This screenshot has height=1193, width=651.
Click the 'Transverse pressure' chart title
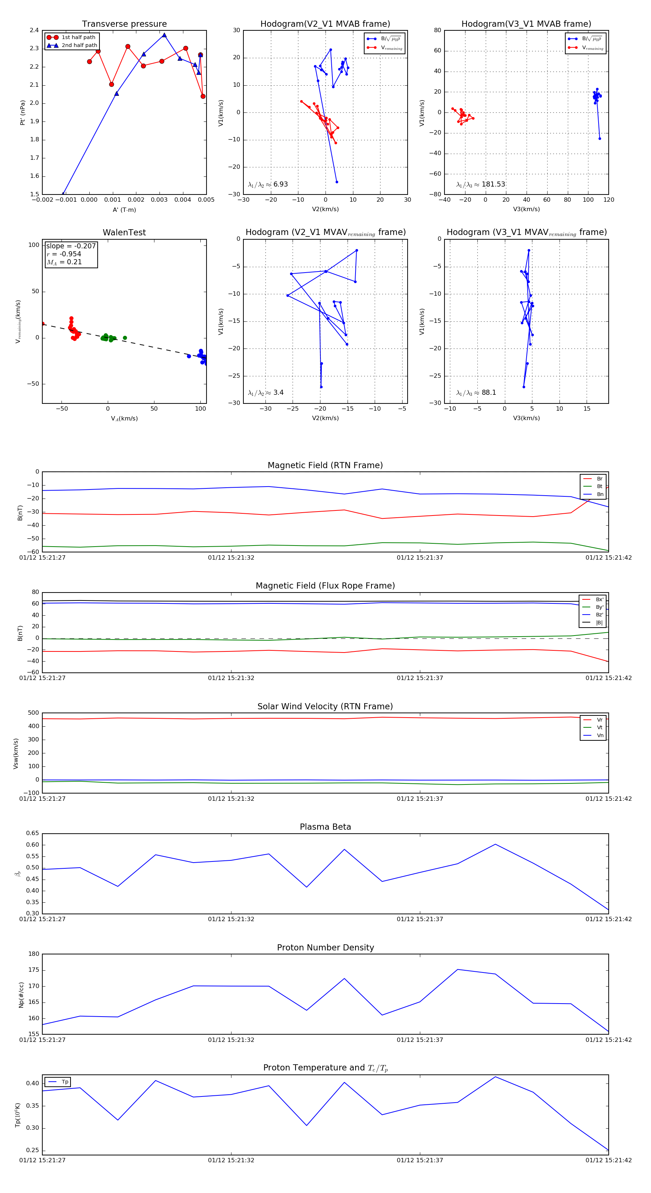coord(124,24)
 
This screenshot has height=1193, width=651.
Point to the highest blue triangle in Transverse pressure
coord(164,35)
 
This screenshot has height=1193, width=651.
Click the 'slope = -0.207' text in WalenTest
coord(71,246)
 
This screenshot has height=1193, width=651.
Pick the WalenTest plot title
coord(124,232)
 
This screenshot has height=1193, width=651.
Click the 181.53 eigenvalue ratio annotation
coord(481,184)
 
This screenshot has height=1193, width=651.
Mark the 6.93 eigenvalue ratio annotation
coord(268,184)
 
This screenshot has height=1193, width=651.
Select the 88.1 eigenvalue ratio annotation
coord(476,393)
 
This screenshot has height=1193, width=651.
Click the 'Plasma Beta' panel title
coord(325,827)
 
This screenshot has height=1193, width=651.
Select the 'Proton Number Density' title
coord(325,948)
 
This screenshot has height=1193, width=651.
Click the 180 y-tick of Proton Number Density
coord(34,954)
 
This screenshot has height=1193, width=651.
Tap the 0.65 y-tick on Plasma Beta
coord(33,833)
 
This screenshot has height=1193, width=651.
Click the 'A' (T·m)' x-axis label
coord(124,210)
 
